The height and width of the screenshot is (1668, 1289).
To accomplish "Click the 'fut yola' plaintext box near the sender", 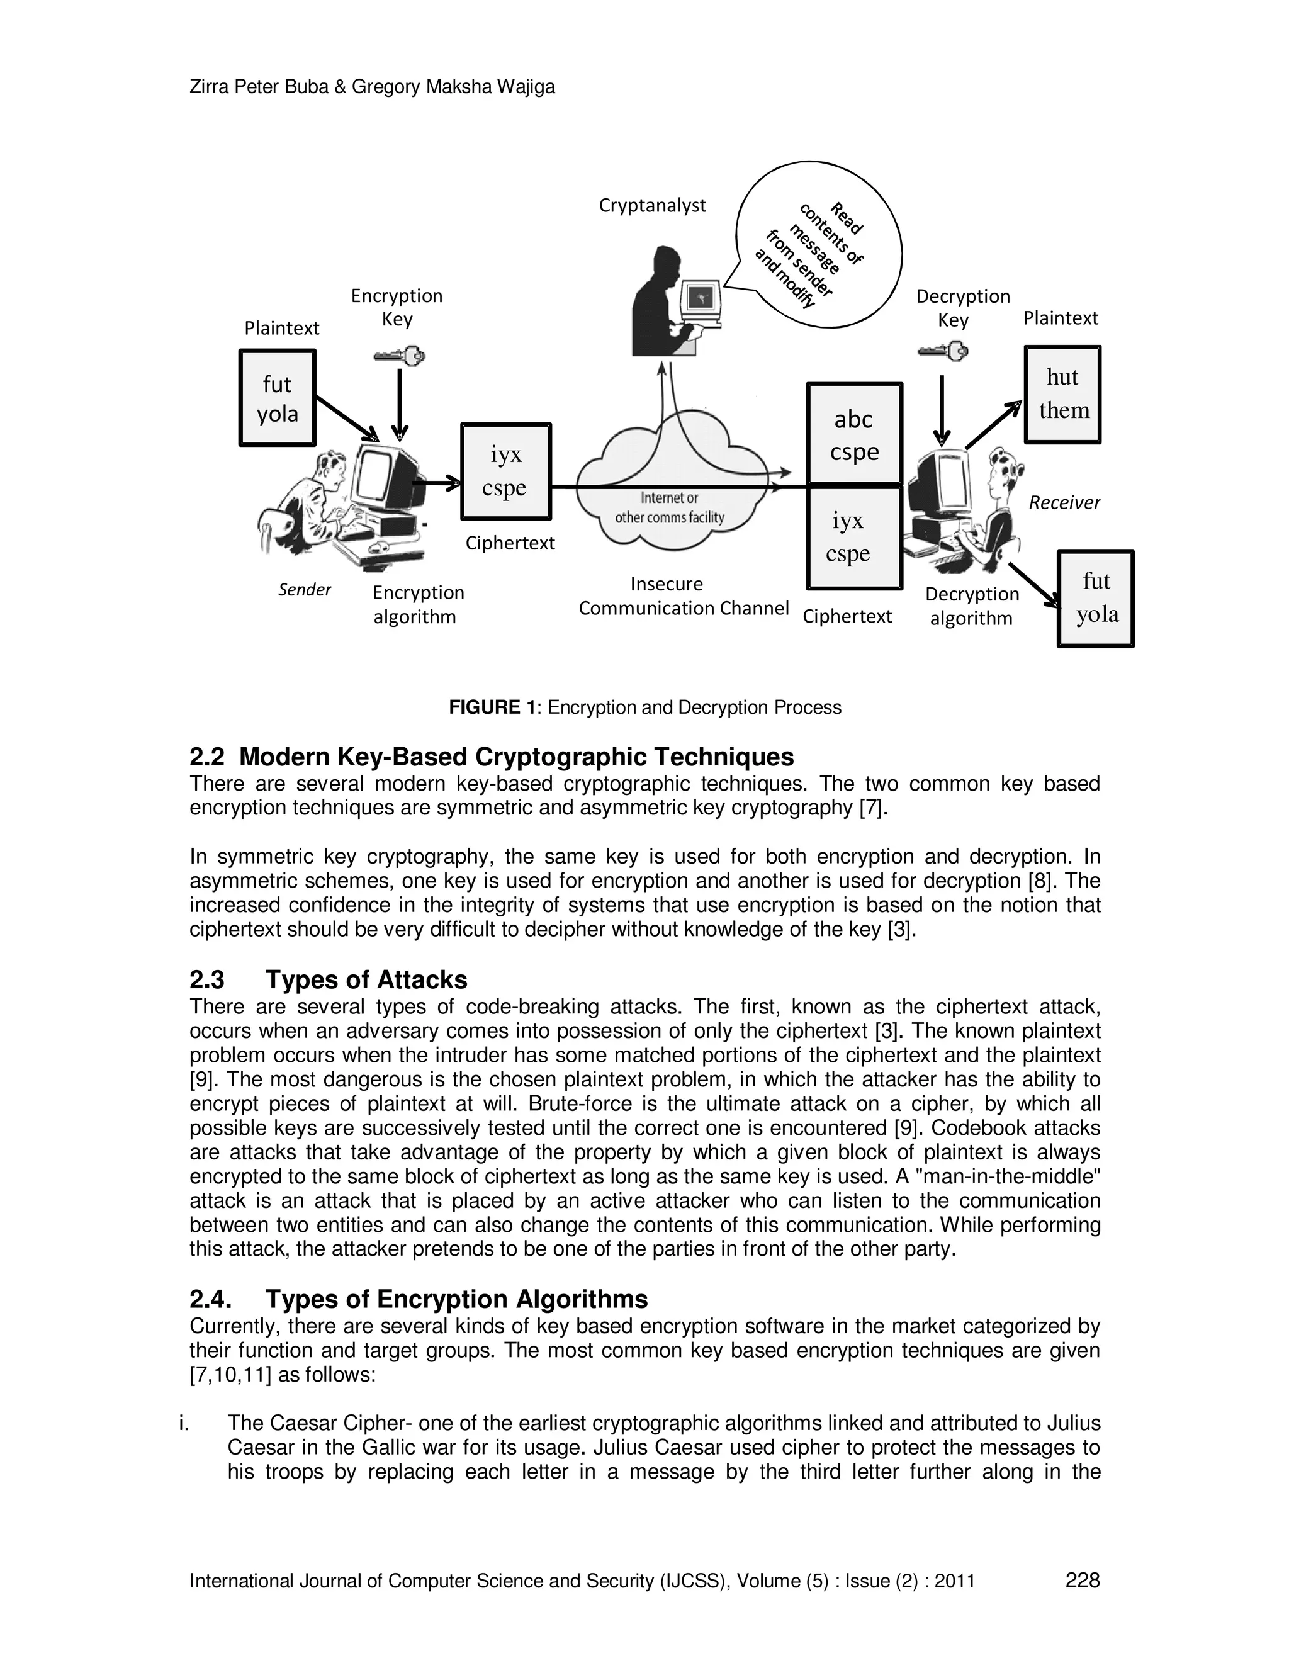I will pos(277,397).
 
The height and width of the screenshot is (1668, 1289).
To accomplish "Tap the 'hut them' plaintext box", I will pos(1062,394).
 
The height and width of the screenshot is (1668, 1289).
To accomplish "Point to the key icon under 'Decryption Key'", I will pos(943,351).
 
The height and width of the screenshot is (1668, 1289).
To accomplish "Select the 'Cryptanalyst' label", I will pos(652,205).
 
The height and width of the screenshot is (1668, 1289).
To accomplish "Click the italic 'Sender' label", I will pos(304,590).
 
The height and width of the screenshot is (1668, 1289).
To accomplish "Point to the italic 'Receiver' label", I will pos(1064,502).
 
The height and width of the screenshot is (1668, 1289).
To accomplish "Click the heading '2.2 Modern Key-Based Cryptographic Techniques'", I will pos(491,757).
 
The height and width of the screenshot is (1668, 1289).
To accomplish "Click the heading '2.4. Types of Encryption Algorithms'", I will pos(418,1299).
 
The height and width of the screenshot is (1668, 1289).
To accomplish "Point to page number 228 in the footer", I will pos(1082,1580).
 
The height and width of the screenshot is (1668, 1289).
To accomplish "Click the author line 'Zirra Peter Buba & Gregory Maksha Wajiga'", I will pos(372,87).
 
